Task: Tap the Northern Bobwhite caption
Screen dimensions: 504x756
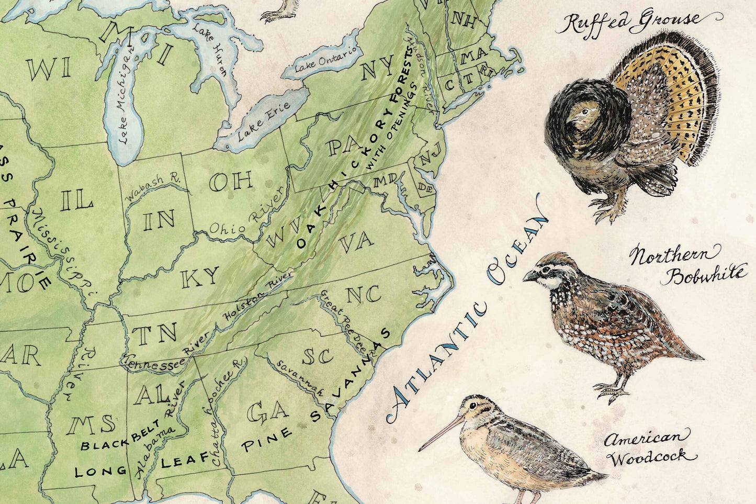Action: [x=685, y=266]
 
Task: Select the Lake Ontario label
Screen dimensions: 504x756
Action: [x=328, y=59]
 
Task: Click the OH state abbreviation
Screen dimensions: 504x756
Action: [x=231, y=182]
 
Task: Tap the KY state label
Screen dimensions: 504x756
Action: [x=200, y=277]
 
